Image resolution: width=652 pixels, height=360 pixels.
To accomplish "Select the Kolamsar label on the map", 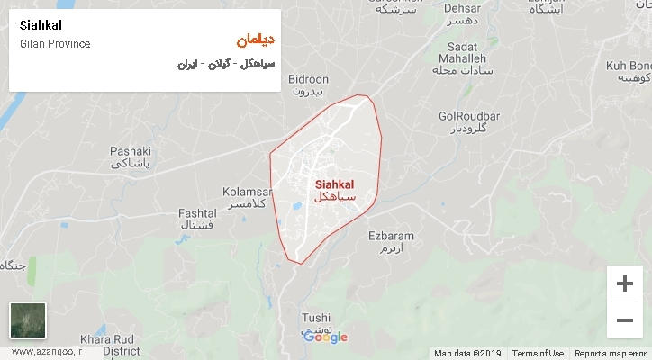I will click(x=246, y=192).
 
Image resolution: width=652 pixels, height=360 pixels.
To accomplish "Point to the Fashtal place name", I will click(x=197, y=212).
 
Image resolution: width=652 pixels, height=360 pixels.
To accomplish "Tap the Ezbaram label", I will click(x=391, y=237).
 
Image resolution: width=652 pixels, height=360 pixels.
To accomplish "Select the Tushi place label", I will click(x=316, y=318).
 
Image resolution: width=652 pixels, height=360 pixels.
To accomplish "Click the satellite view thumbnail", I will click(x=27, y=319).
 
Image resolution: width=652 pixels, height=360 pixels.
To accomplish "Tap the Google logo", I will click(x=325, y=337).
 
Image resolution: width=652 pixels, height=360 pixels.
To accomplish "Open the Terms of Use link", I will click(x=538, y=353).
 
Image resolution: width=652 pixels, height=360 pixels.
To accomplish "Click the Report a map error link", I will click(x=611, y=353).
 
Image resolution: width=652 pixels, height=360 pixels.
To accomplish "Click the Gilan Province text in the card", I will click(x=53, y=43).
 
